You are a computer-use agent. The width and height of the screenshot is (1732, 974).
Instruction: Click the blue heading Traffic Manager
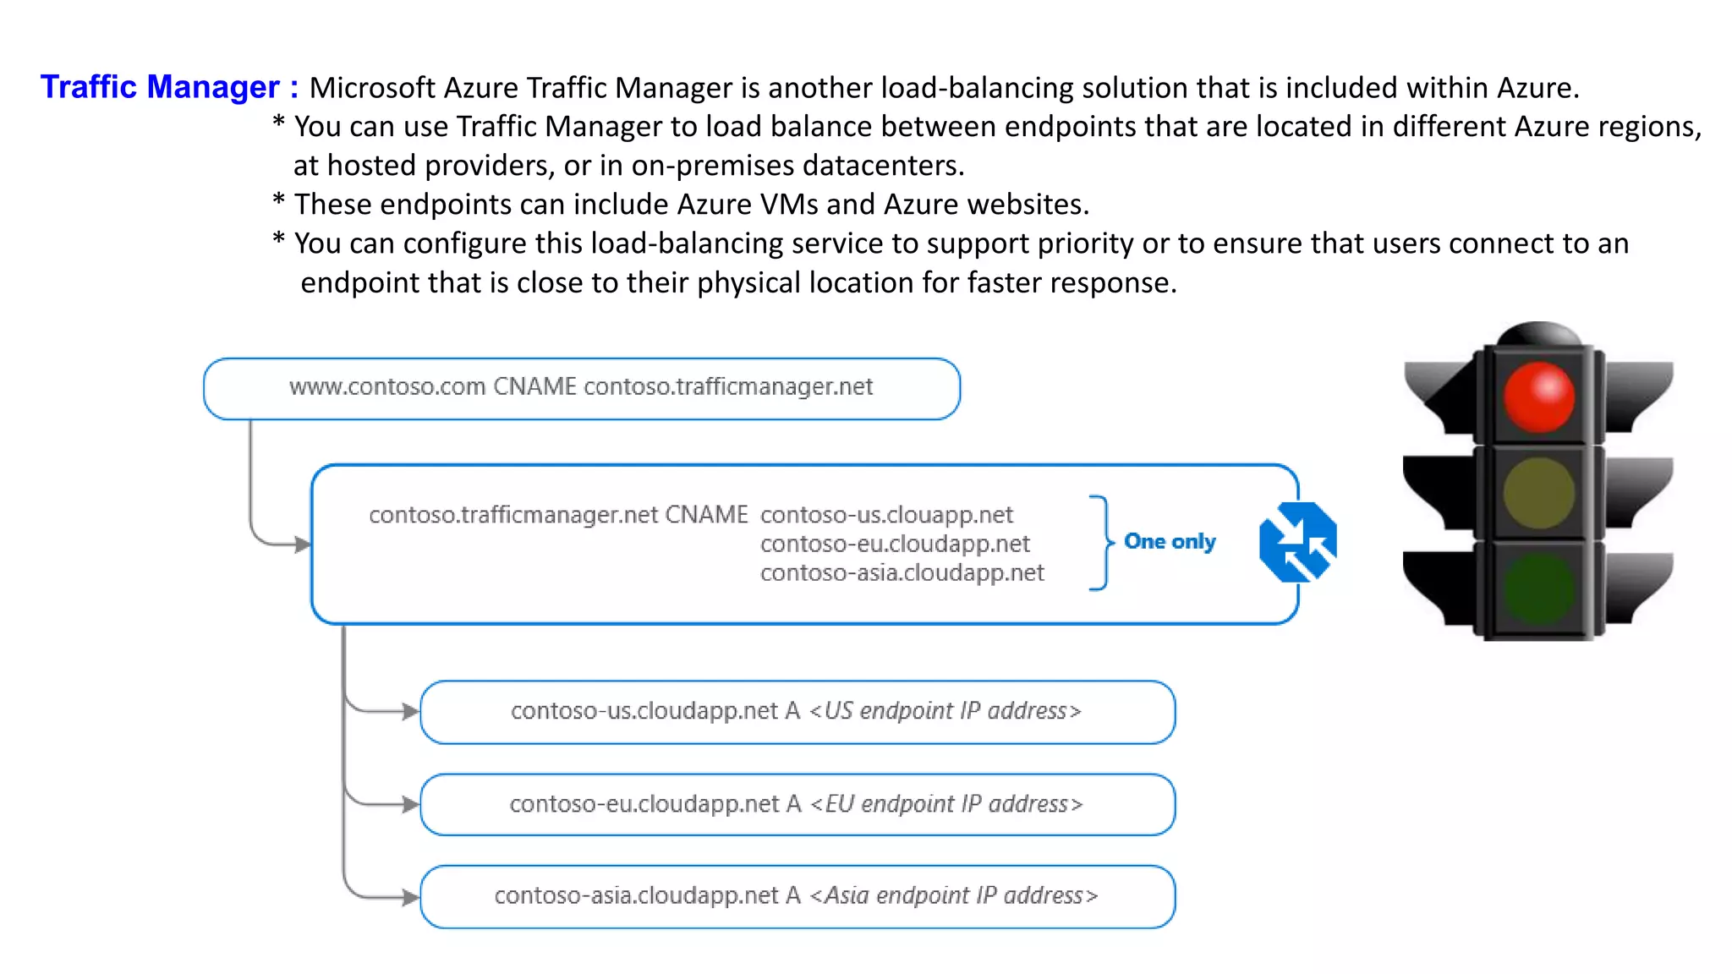[x=160, y=87]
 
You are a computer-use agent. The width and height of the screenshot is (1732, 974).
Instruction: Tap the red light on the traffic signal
[x=1538, y=397]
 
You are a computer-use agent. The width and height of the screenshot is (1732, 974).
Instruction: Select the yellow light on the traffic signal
[x=1538, y=493]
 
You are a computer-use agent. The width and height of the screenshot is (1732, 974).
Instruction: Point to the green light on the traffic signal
[x=1538, y=588]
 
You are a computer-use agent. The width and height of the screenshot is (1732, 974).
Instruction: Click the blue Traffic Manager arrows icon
[x=1297, y=542]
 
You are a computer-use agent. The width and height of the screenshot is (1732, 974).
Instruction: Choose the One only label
[x=1170, y=541]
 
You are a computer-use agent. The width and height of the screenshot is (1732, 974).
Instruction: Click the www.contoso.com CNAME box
[x=581, y=388]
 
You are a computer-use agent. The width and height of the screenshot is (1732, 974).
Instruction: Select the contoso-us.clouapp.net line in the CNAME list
[x=886, y=514]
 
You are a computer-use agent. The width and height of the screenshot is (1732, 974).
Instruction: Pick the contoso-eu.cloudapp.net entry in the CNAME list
[x=895, y=544]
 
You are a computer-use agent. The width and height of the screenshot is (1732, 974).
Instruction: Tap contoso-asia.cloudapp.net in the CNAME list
[x=902, y=572]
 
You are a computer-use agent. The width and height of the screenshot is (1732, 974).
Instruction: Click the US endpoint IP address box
[x=797, y=711]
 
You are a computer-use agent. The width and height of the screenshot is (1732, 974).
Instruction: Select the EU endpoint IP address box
[x=797, y=804]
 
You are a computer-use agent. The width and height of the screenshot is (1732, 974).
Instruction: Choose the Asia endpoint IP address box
[x=797, y=895]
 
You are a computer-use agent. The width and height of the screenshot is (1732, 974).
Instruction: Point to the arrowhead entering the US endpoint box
[x=411, y=711]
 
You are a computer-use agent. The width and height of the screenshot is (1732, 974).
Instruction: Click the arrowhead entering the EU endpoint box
[x=411, y=804]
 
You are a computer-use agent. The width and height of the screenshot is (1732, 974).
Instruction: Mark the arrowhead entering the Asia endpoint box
[x=411, y=896]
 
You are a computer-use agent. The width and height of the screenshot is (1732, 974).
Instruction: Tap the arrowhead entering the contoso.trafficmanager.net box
[x=303, y=544]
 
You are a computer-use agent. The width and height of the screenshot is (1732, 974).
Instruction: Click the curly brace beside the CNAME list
[x=1101, y=542]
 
